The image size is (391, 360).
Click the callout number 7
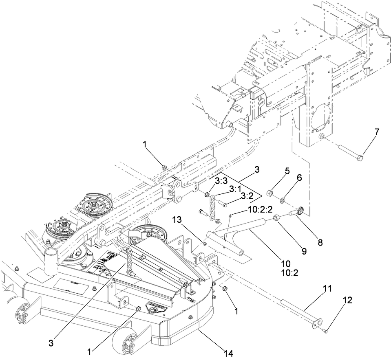point(376,132)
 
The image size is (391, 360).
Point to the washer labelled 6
point(282,200)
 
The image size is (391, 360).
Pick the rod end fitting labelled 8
point(299,211)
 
